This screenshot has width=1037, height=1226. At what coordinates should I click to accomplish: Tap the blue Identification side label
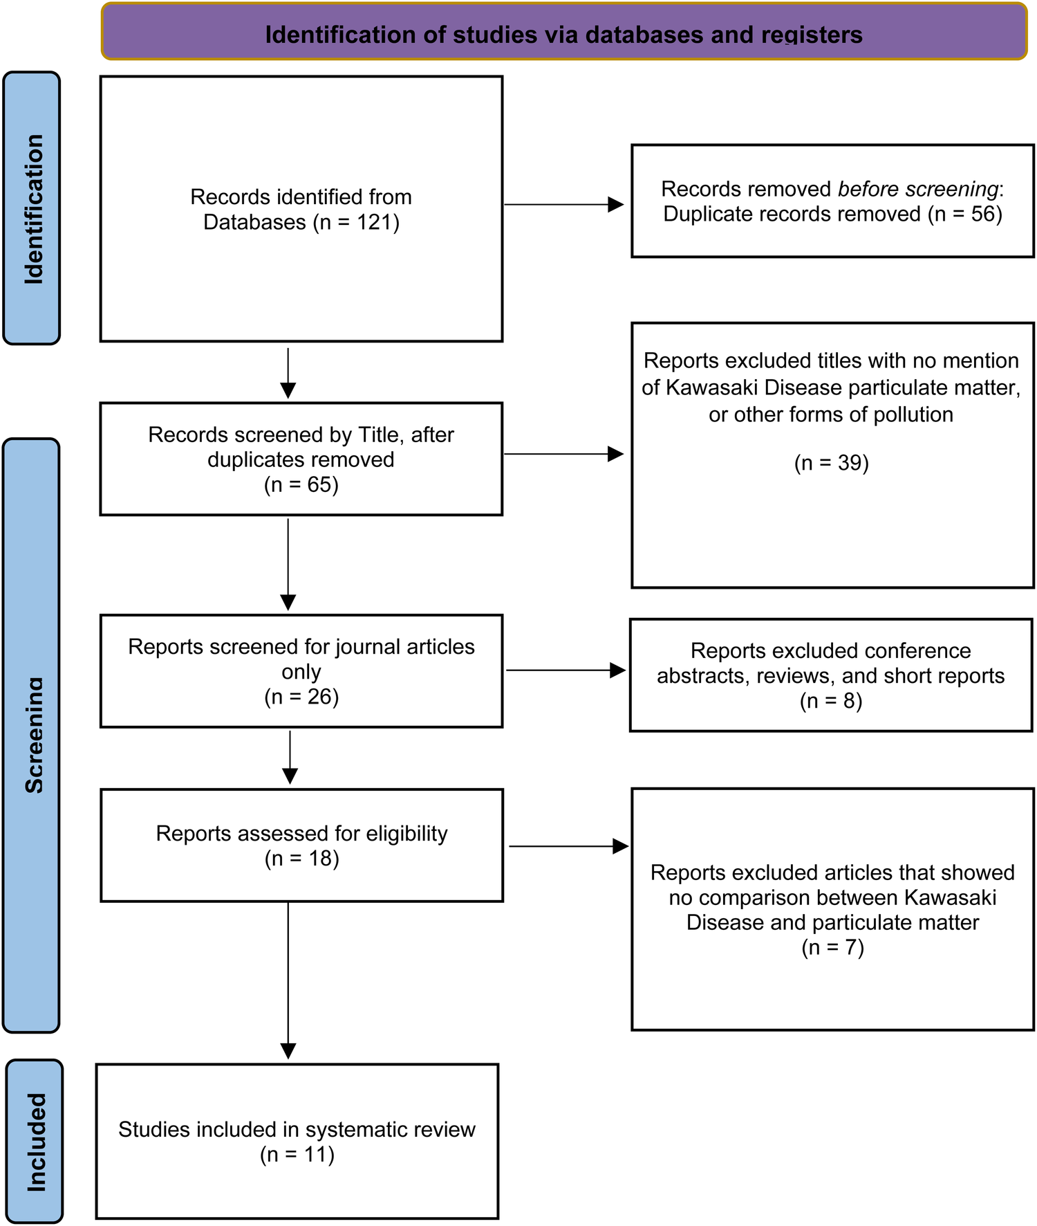point(32,208)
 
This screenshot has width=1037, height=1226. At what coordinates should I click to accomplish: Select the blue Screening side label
point(32,735)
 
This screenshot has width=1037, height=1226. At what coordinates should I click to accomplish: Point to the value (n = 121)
point(356,222)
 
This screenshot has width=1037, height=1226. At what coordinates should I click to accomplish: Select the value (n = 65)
point(301,484)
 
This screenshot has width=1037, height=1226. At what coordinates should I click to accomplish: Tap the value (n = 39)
point(831,462)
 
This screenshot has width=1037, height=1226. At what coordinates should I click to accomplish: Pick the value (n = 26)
point(301,696)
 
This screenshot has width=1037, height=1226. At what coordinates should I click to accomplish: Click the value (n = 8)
point(830,701)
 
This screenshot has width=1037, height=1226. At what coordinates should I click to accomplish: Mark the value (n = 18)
point(301,859)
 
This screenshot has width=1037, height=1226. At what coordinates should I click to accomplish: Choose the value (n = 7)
point(832,947)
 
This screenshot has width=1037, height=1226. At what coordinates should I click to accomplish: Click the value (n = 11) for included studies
point(297,1154)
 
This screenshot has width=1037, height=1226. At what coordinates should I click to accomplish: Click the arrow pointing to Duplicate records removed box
point(563,205)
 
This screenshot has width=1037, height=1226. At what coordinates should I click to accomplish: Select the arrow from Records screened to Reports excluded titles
point(563,454)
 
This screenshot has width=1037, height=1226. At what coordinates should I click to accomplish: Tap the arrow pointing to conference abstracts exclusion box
point(566,670)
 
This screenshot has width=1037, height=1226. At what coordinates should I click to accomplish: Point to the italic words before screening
point(918,189)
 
